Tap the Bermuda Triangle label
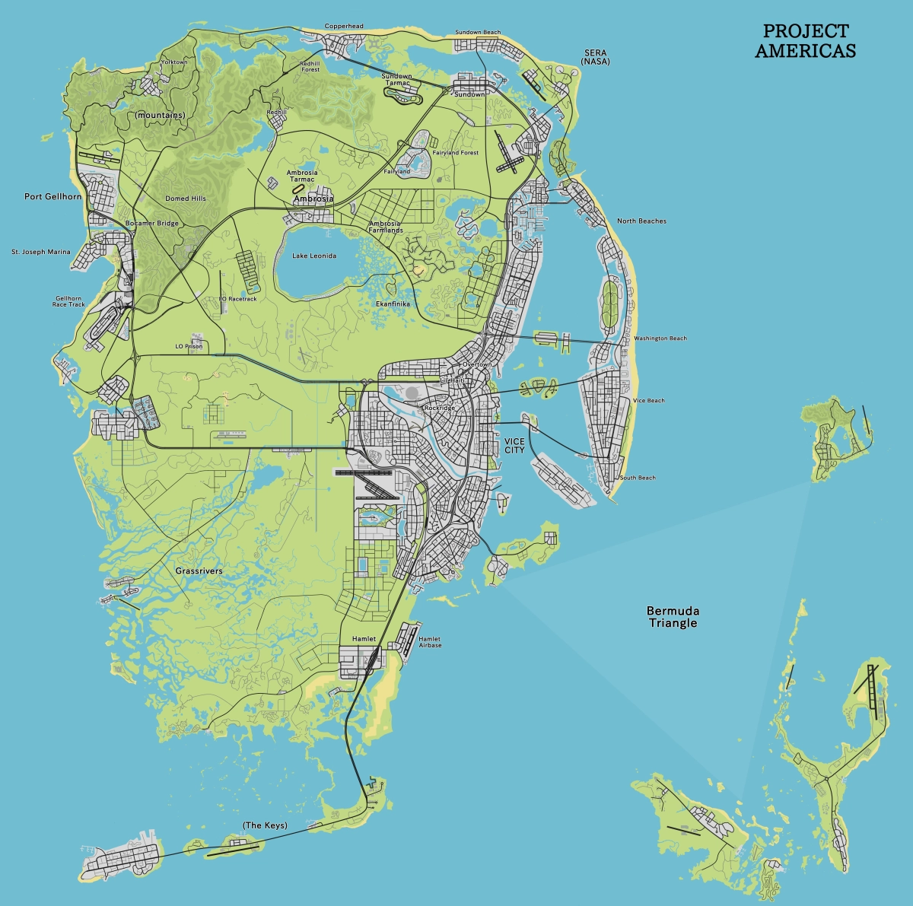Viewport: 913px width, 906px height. (x=673, y=617)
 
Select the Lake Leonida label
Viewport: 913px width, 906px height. (x=314, y=256)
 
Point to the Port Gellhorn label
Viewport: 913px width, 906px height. (x=52, y=196)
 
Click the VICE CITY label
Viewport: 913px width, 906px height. (x=514, y=446)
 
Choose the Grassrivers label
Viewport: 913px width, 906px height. (x=199, y=571)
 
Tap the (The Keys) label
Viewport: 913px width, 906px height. (x=265, y=825)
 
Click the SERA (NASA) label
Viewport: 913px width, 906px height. (x=596, y=56)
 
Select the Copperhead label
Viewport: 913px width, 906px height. (x=344, y=26)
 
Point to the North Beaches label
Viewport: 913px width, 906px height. (x=641, y=221)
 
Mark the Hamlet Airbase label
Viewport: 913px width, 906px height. (x=430, y=642)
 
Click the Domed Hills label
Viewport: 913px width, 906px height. (x=186, y=199)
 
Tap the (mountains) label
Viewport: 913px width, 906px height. (x=160, y=115)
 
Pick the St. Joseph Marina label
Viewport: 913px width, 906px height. (x=40, y=252)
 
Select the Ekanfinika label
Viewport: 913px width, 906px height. (x=393, y=304)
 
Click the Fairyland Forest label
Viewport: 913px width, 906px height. (x=456, y=153)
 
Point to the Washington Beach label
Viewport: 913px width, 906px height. (x=660, y=339)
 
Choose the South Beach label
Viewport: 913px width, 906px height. (x=638, y=478)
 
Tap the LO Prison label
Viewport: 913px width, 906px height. (x=189, y=346)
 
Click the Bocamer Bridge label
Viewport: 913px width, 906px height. (x=151, y=224)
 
